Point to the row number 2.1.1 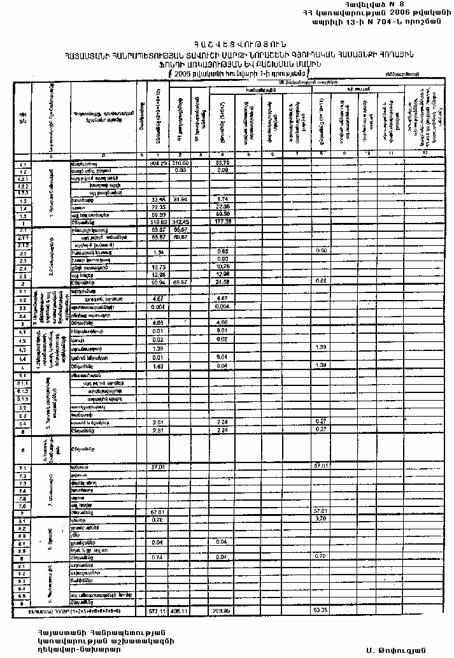[22, 237]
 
